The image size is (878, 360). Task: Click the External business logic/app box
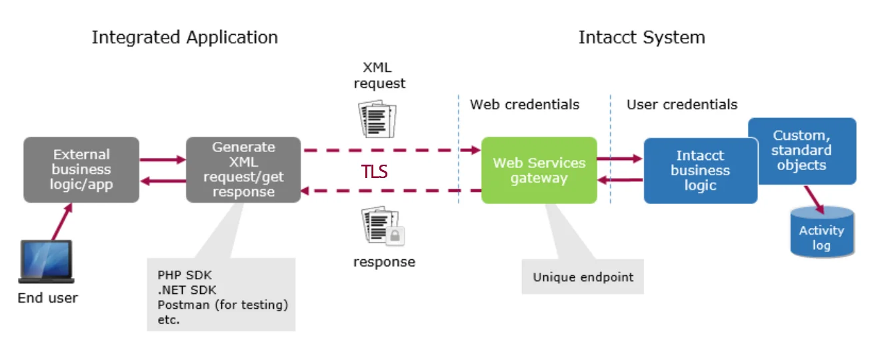(x=81, y=169)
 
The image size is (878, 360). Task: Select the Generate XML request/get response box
(x=243, y=169)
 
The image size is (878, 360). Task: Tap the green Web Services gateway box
(x=539, y=170)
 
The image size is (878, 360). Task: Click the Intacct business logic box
(x=700, y=171)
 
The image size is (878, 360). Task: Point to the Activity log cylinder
(x=821, y=233)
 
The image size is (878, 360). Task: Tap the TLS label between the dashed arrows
(x=375, y=171)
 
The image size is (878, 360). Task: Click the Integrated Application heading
(x=185, y=37)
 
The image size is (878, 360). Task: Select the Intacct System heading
(x=641, y=37)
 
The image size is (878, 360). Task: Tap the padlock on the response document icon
(x=395, y=235)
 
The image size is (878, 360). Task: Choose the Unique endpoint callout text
(x=583, y=277)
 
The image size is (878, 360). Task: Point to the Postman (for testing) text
(x=223, y=305)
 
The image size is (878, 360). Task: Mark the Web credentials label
(x=525, y=105)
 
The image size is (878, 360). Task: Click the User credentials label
(x=682, y=105)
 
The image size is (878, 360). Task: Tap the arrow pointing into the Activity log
(x=815, y=200)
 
